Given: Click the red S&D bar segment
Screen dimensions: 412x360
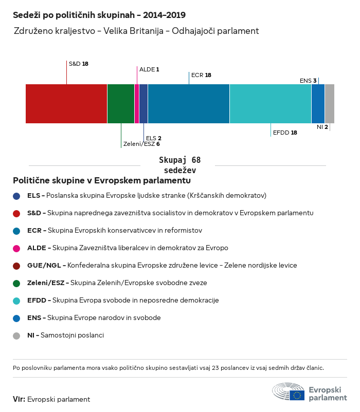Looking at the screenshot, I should point(66,104).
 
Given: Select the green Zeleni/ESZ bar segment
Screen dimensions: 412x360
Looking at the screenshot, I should point(121,104).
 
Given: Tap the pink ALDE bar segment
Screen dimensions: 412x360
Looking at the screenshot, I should point(137,104).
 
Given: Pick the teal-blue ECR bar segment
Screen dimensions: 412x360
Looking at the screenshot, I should point(189,104).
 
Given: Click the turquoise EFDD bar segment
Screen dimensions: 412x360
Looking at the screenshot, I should point(271,104).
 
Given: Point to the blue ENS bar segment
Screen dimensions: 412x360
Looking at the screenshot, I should point(318,104).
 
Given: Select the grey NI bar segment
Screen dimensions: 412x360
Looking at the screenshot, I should point(330,104).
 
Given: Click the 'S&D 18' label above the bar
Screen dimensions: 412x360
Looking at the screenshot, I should point(79,64).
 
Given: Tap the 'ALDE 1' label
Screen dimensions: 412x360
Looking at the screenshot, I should point(149,69).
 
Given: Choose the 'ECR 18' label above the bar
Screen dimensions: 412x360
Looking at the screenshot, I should point(201,75).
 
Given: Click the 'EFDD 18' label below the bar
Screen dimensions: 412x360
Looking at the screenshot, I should point(285,133).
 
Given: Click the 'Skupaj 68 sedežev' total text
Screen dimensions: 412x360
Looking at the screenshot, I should point(179,165).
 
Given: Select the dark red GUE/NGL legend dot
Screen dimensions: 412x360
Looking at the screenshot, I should point(17,266).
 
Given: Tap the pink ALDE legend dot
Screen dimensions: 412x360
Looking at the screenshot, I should point(17,248).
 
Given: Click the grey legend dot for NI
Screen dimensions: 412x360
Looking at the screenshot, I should point(17,335).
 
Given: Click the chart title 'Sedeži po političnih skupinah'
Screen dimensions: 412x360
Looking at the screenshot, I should point(99,15).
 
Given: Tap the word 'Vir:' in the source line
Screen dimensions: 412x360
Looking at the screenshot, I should point(19,399).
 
